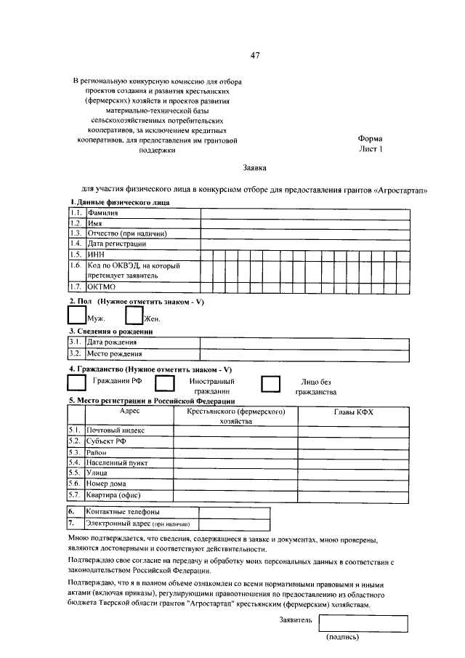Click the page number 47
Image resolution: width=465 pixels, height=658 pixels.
pyautogui.click(x=255, y=56)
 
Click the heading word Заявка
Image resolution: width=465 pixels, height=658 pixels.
pyautogui.click(x=255, y=168)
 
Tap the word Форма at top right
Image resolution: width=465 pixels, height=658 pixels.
pyautogui.click(x=370, y=138)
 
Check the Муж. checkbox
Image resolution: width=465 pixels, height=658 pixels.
pyautogui.click(x=76, y=314)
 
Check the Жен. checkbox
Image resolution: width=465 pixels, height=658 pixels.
pyautogui.click(x=134, y=314)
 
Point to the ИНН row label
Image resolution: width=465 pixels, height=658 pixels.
pyautogui.click(x=96, y=254)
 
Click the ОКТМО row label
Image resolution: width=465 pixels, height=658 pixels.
pyautogui.click(x=102, y=286)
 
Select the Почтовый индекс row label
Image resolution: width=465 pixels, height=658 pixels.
pyautogui.click(x=116, y=430)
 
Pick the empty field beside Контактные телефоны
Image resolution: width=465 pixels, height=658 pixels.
pyautogui.click(x=234, y=511)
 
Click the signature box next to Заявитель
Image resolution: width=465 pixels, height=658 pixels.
pyautogui.click(x=363, y=622)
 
